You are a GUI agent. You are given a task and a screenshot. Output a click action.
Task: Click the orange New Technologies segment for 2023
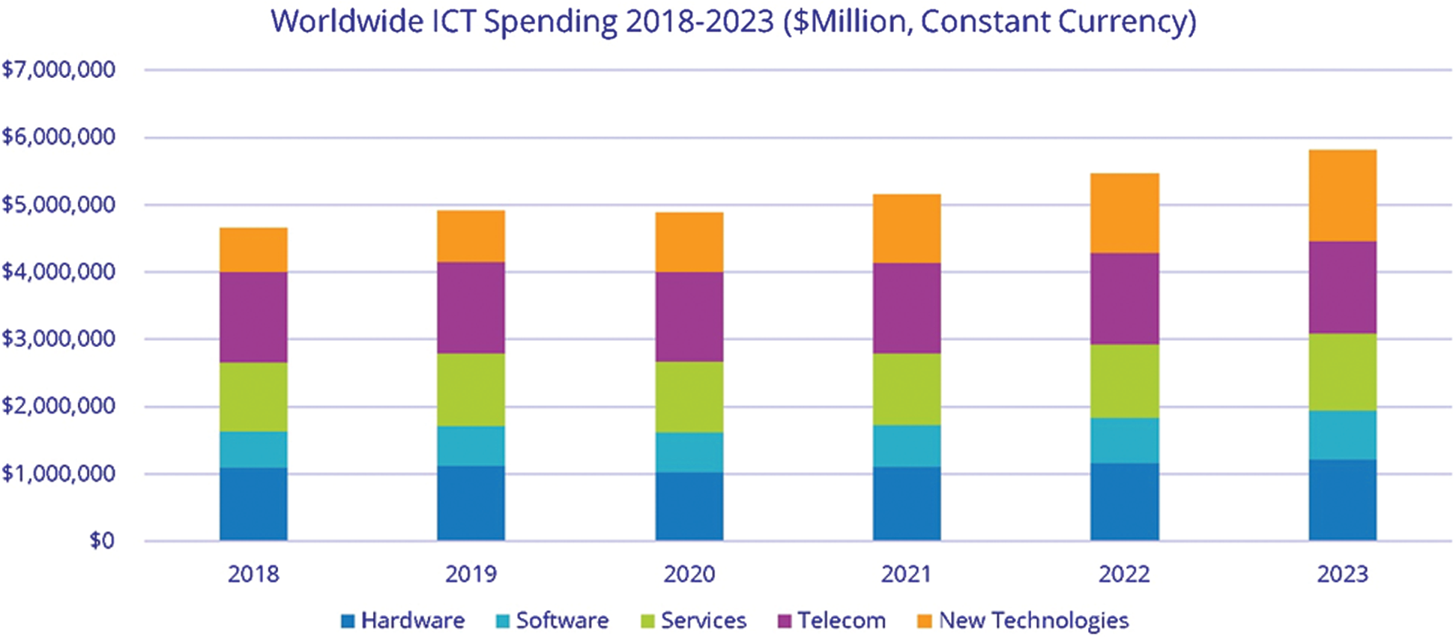coord(1342,196)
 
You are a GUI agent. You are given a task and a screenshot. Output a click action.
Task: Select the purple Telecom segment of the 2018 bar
coord(253,317)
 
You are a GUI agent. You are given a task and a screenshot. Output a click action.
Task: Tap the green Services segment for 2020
coord(689,397)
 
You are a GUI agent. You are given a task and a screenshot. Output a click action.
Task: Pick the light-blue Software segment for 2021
coord(907,446)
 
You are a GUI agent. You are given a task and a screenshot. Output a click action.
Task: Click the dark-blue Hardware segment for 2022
coord(1124,501)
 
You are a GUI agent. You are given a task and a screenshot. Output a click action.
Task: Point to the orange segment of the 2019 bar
coord(471,236)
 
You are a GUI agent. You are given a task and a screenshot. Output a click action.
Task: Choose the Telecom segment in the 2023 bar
coord(1342,287)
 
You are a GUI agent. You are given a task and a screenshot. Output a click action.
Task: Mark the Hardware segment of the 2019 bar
coord(471,503)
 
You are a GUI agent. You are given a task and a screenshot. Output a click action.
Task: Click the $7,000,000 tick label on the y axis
coord(58,70)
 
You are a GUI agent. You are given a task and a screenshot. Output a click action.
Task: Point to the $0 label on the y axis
coord(102,540)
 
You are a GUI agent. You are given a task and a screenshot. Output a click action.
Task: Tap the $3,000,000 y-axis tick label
coord(58,339)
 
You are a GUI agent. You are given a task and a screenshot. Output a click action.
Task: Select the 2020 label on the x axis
coord(689,574)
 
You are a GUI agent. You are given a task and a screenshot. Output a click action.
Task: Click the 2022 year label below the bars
coord(1124,574)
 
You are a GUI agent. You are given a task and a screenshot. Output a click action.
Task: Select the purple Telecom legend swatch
coord(785,621)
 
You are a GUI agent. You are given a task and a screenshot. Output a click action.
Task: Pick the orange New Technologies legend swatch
coord(925,621)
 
